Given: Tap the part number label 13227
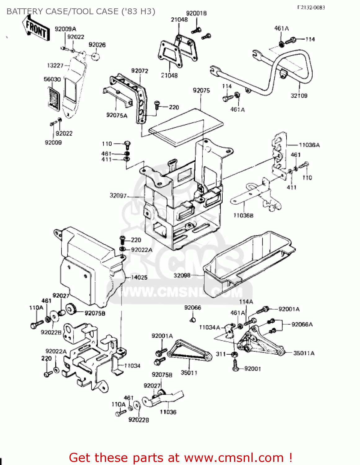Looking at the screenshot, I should click(55, 65).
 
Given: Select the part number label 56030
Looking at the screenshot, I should click(52, 79).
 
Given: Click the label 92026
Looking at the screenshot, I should click(97, 45).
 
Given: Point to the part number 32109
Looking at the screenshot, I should click(299, 96).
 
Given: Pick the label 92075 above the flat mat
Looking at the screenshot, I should click(201, 91).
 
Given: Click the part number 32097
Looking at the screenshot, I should click(118, 196).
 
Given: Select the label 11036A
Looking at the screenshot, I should click(309, 145).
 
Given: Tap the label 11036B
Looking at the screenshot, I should click(243, 215).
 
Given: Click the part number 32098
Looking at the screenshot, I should click(182, 275).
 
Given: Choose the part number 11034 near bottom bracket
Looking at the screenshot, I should click(132, 366).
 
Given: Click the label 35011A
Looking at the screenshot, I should click(304, 353).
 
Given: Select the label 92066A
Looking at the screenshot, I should click(302, 325).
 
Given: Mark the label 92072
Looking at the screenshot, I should click(140, 71).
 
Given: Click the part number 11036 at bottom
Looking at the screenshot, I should click(168, 412).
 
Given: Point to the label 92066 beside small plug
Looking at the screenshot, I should click(193, 308).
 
